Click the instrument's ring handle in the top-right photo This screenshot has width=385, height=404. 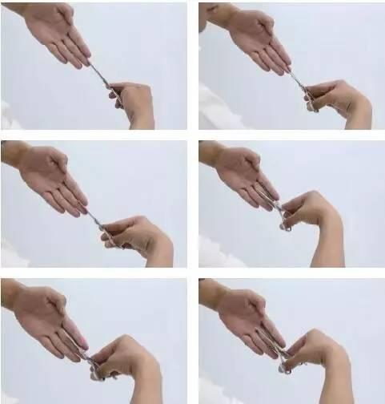click(x=309, y=102)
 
